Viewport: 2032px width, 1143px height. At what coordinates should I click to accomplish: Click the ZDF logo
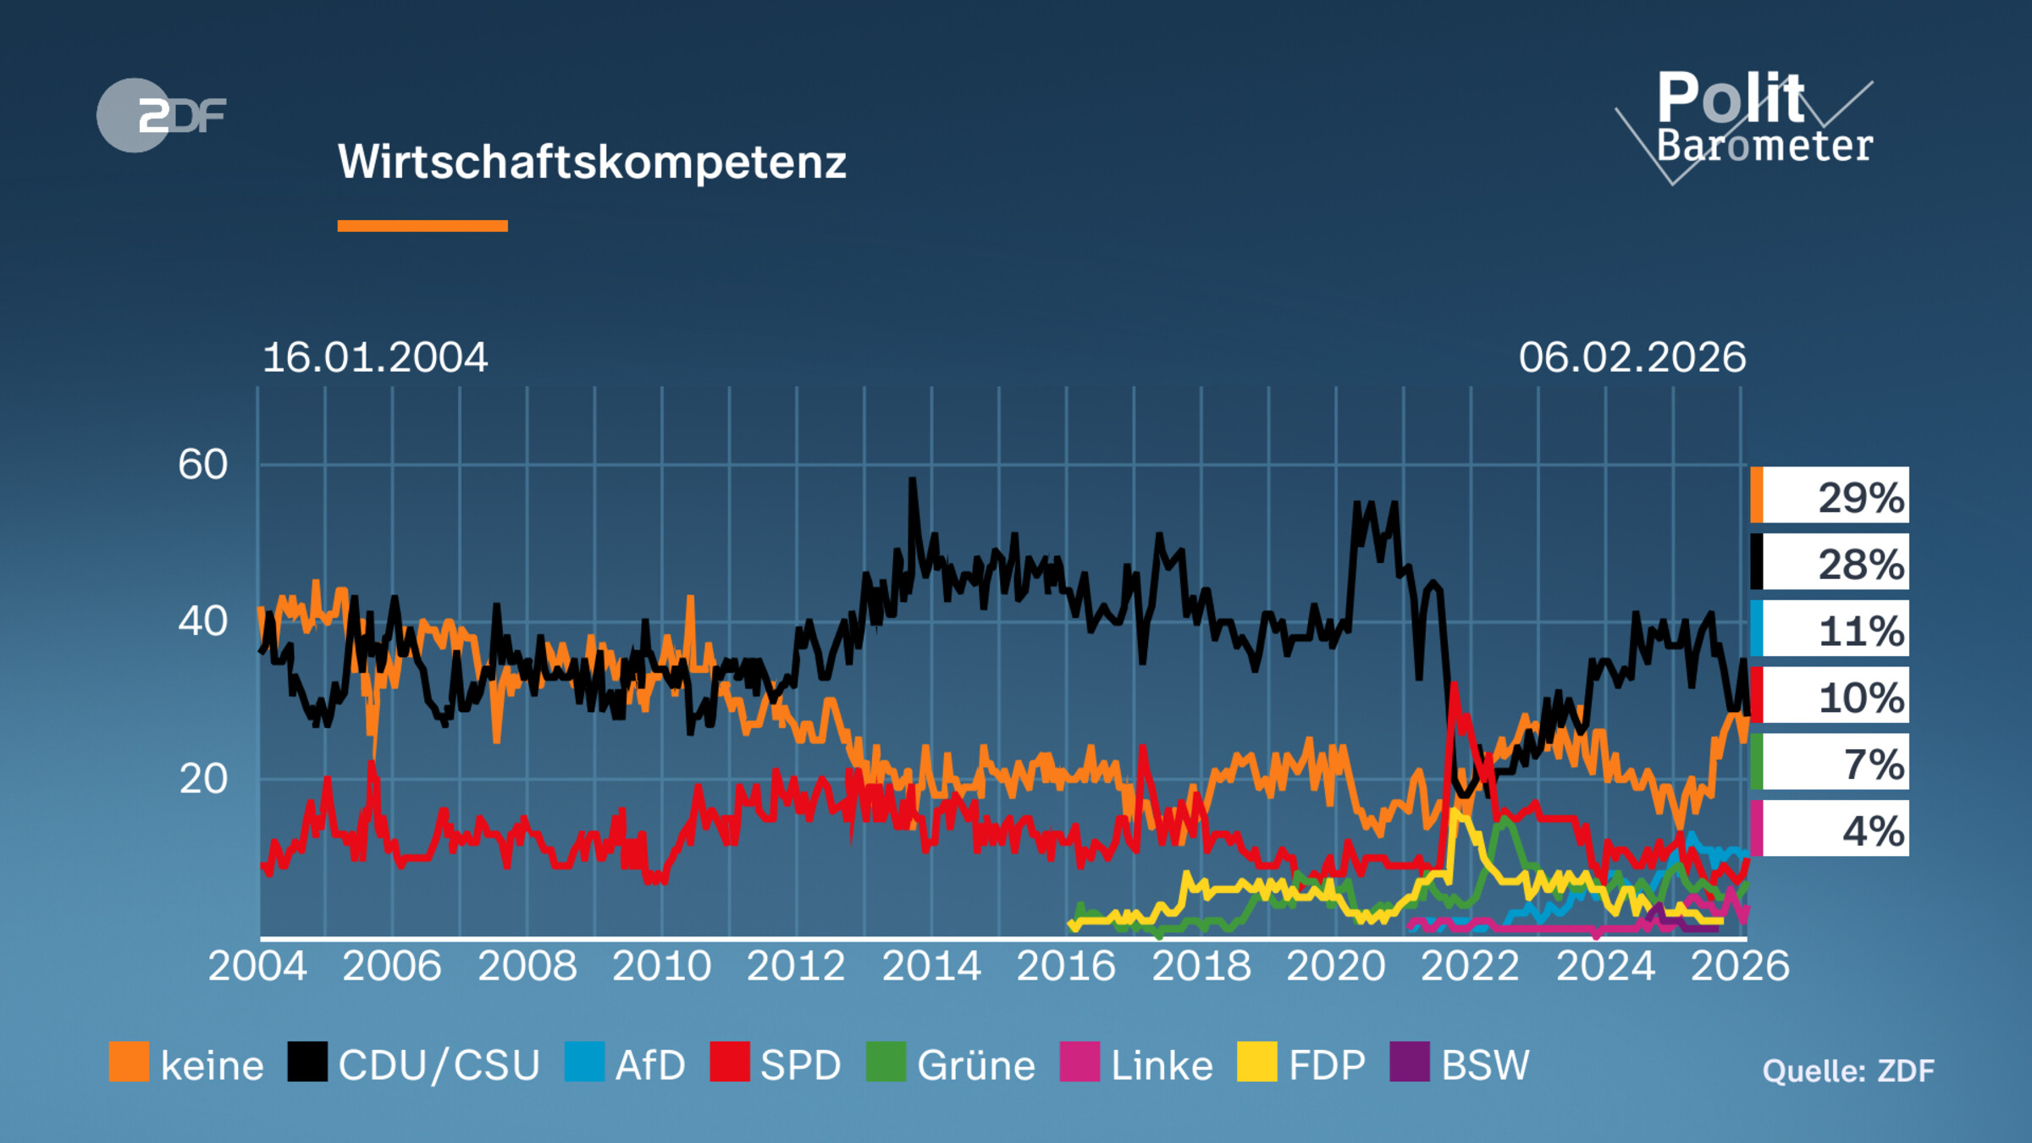(161, 115)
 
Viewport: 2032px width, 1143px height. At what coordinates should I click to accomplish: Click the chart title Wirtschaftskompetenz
(592, 161)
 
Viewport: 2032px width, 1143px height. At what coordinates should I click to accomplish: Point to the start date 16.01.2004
(374, 357)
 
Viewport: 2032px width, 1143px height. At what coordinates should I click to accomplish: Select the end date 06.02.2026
(1632, 357)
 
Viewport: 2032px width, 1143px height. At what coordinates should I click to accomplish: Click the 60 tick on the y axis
(203, 465)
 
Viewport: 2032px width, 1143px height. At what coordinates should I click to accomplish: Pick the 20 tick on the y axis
(203, 779)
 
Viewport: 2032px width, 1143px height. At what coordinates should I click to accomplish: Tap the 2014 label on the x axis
(931, 966)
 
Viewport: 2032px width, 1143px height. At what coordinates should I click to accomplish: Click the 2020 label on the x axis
(1335, 966)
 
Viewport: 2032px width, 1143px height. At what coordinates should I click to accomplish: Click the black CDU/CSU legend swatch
(306, 1063)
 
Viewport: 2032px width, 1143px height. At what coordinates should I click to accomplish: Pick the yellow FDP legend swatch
(1256, 1063)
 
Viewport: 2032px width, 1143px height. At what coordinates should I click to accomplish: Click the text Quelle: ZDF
(1847, 1071)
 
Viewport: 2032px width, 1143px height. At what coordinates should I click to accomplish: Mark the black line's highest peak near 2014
(912, 481)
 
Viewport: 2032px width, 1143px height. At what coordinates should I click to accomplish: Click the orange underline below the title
(422, 226)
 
